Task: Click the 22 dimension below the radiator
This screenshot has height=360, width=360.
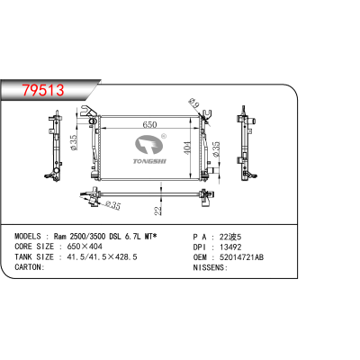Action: (157, 210)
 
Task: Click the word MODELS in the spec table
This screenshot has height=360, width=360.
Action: (28, 232)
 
